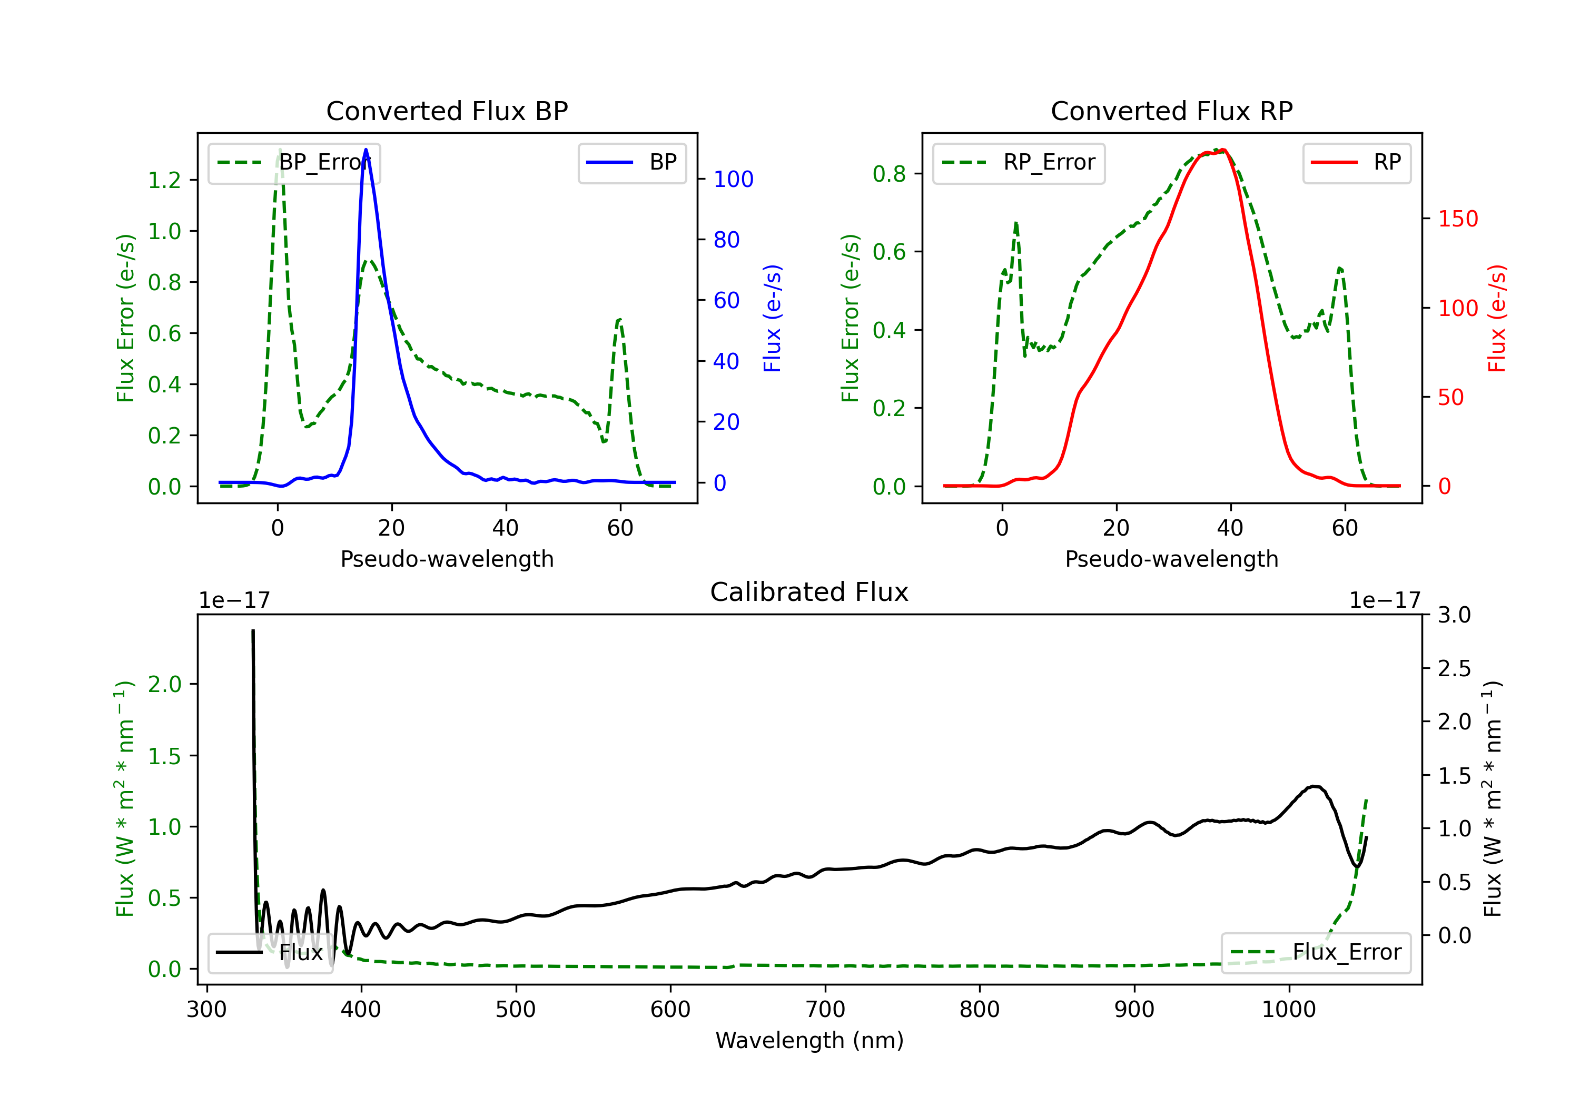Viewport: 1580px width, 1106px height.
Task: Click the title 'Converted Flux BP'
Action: point(447,111)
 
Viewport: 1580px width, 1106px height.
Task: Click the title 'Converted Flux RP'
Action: point(1171,111)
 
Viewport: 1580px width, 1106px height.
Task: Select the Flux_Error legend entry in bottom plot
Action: point(1315,953)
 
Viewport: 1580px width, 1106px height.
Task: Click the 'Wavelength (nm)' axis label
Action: point(809,1040)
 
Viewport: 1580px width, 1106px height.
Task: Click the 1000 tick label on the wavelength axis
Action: point(1288,1010)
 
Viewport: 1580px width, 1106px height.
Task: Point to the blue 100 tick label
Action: point(733,180)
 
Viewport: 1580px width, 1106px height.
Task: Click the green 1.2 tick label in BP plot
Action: point(164,180)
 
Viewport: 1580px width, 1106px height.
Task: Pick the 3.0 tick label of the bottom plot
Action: point(1454,615)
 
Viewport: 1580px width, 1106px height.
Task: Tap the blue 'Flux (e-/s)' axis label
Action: point(772,318)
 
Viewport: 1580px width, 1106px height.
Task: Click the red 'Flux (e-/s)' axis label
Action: point(1497,318)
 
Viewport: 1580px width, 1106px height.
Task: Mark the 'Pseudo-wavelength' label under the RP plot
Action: point(1171,559)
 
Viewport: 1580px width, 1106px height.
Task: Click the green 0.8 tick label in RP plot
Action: point(889,174)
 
